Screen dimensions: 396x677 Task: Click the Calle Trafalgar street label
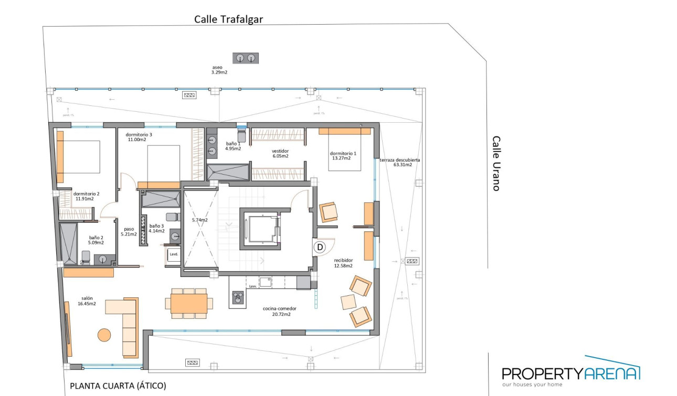click(228, 19)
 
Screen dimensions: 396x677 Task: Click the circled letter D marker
click(320, 247)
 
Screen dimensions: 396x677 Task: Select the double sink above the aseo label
click(246, 58)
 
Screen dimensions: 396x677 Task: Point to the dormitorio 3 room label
click(139, 137)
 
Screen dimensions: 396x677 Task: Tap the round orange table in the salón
click(104, 335)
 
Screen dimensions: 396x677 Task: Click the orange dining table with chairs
click(189, 303)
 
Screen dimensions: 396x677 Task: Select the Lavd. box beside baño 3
click(173, 254)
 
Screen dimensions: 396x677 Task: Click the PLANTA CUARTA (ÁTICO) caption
click(118, 386)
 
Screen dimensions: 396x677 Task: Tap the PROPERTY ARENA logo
click(570, 373)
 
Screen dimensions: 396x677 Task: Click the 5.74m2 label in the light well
click(199, 220)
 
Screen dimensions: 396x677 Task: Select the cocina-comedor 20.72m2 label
click(277, 311)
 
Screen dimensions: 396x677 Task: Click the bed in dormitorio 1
click(345, 152)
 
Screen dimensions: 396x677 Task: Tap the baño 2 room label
click(96, 240)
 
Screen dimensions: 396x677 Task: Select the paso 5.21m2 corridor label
click(129, 232)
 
